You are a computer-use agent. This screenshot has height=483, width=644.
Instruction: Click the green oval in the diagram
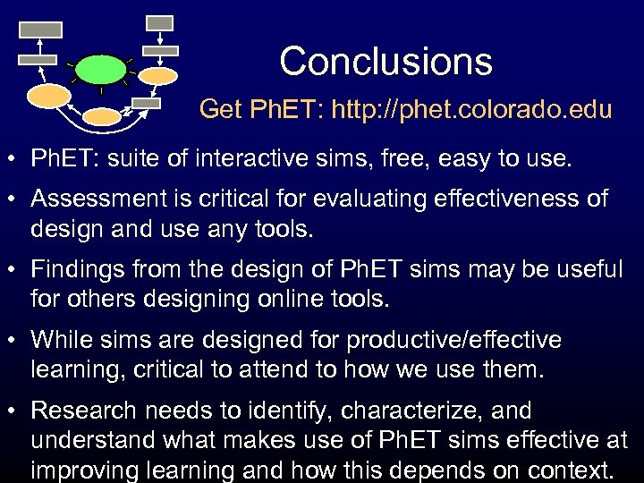[100, 69]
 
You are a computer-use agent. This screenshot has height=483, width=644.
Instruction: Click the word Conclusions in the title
[386, 62]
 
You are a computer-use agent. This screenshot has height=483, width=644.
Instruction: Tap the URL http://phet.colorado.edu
[472, 110]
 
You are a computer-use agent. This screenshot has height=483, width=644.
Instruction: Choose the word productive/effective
[453, 340]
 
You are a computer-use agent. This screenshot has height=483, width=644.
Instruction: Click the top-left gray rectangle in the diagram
[40, 30]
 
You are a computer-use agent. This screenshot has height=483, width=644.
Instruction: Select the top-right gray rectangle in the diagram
[159, 22]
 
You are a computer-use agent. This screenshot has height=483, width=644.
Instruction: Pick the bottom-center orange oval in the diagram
[101, 116]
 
